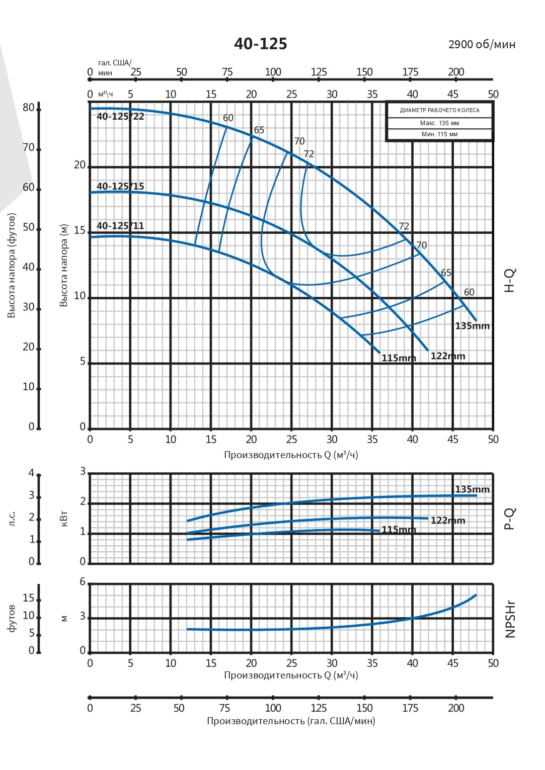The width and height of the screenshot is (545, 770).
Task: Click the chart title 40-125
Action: [260, 44]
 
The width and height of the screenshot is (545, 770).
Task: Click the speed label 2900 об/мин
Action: [482, 45]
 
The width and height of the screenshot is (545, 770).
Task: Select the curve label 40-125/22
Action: [120, 117]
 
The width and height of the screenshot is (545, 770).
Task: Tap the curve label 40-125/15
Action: [120, 186]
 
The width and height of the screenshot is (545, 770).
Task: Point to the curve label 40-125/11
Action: [120, 226]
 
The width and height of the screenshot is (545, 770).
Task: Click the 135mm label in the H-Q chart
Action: [472, 326]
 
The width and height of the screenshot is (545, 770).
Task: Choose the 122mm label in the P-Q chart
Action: [448, 521]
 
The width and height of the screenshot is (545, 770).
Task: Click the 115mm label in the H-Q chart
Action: [399, 358]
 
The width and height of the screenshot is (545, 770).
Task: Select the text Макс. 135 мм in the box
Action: [439, 123]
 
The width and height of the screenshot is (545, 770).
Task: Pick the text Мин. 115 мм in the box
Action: [439, 134]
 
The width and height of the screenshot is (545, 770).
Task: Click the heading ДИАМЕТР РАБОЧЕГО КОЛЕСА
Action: [439, 110]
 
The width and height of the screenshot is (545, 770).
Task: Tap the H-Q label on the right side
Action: [510, 281]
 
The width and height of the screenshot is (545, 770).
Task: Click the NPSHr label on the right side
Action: [510, 619]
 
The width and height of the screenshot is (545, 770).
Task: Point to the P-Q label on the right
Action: [510, 519]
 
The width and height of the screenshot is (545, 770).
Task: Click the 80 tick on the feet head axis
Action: [29, 108]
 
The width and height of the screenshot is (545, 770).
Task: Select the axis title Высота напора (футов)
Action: [12, 266]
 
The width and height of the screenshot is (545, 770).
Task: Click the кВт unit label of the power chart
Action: [64, 518]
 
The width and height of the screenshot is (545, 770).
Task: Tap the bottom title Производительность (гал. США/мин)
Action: [291, 721]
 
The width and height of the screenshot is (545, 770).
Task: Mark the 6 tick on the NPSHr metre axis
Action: [83, 582]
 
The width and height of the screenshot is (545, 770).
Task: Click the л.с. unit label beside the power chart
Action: [12, 519]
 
